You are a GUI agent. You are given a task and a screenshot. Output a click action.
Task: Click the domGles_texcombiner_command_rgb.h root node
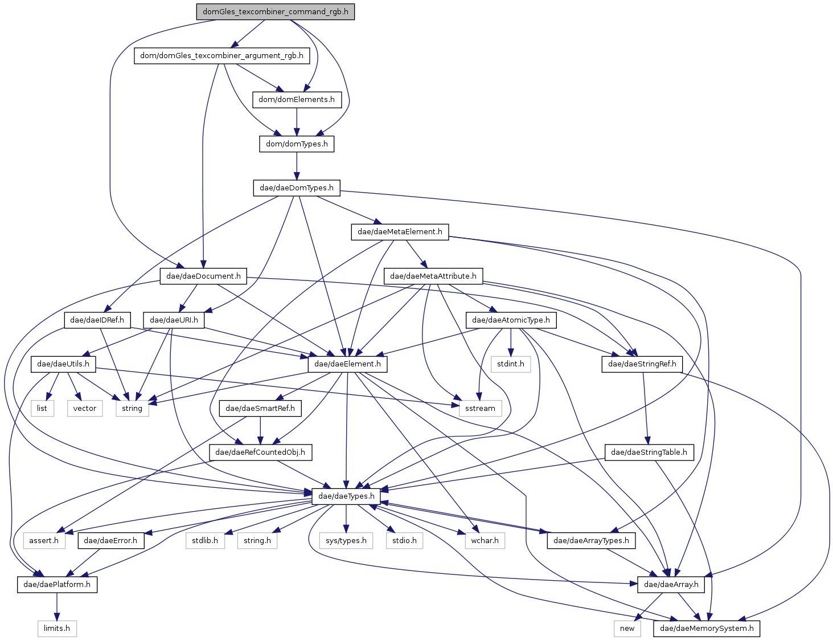pos(275,12)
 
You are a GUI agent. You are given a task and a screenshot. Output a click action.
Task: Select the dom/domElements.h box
pos(297,100)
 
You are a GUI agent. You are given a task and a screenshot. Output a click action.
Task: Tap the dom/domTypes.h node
pos(297,144)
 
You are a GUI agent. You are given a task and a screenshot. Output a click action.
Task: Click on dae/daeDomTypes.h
pos(297,188)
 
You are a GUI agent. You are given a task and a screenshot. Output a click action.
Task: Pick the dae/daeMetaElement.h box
pos(400,232)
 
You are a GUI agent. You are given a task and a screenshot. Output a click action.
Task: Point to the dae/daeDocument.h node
pos(203,276)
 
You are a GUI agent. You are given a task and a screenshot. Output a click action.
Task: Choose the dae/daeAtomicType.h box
pos(511,320)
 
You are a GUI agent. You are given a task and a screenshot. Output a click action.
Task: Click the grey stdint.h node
pos(511,364)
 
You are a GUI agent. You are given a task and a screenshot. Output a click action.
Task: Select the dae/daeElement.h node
pos(348,364)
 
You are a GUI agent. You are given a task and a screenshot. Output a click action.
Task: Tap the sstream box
pos(481,408)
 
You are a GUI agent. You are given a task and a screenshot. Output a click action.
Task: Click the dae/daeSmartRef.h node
pos(260,408)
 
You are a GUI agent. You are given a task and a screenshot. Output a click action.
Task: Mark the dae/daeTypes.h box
pos(347,496)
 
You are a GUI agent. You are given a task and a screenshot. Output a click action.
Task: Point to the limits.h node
pos(57,629)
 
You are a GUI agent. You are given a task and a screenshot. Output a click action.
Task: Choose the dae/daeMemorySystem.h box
pos(707,629)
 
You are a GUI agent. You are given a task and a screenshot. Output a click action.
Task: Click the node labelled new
pos(627,629)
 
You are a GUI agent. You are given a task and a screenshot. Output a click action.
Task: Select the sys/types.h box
pos(346,541)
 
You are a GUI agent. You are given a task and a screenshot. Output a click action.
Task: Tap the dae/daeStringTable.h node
pos(649,453)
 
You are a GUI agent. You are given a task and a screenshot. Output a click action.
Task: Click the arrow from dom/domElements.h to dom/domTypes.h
pos(297,122)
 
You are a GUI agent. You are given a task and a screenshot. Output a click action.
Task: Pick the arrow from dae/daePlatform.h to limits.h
pos(57,606)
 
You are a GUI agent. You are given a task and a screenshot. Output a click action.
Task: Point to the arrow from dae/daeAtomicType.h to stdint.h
pos(511,343)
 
